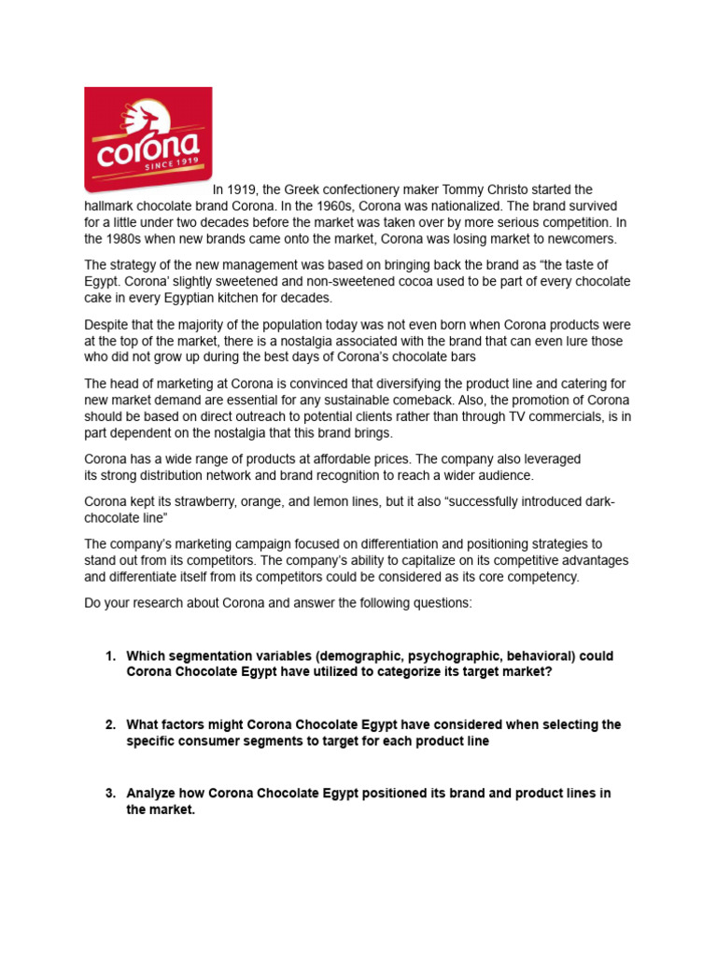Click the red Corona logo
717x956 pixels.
148,140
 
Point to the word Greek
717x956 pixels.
302,190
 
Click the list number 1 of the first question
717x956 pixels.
109,656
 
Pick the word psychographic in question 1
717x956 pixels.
449,656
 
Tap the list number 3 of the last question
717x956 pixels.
109,794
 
